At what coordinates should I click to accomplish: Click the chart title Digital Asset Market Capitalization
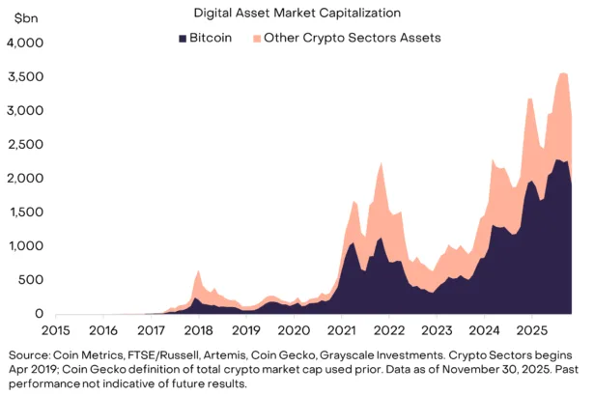coord(297,14)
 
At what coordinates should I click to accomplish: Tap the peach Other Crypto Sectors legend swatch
coord(256,38)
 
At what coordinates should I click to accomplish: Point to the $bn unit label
coord(21,20)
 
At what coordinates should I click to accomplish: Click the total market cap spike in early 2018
coord(197,271)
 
